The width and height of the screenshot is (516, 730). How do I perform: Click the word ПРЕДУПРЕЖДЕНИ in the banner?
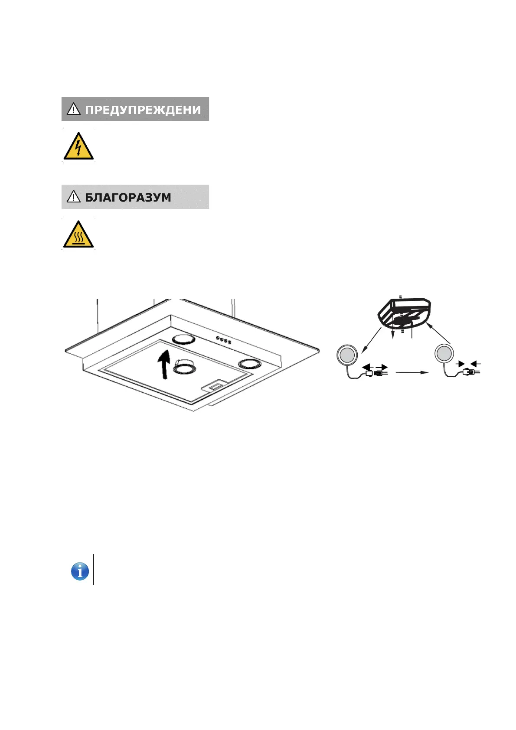point(143,110)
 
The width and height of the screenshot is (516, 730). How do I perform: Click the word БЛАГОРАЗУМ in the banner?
point(128,198)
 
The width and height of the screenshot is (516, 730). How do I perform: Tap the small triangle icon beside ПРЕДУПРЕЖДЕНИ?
point(74,109)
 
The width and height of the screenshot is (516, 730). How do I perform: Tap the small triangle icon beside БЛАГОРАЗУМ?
point(74,197)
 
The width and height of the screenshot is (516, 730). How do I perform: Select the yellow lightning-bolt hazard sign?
point(78,146)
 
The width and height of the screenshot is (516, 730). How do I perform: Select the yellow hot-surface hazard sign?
point(78,235)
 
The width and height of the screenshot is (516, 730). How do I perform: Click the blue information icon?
point(80,571)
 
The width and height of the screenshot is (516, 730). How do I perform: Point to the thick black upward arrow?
point(164,364)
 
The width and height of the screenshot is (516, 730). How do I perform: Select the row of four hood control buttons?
point(223,341)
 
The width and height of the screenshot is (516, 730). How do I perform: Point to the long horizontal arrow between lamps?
point(412,372)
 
